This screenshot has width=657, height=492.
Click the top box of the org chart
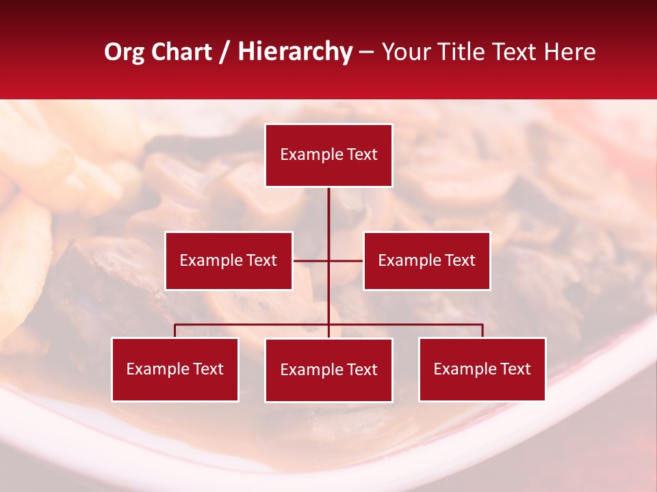328,155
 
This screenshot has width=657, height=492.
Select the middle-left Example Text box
229,260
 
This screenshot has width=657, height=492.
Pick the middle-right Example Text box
426,260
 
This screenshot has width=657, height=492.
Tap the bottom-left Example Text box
175,369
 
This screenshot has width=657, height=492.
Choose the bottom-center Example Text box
328,370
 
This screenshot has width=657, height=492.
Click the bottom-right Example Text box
482,369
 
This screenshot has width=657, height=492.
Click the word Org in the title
124,52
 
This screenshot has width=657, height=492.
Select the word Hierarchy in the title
294,52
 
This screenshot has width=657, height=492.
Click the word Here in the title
569,52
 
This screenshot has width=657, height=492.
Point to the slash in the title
225,52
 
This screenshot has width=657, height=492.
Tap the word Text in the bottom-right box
515,369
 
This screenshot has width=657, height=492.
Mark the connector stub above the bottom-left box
175,331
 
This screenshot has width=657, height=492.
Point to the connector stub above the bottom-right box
482,331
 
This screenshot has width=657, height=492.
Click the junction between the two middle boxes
328,260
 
